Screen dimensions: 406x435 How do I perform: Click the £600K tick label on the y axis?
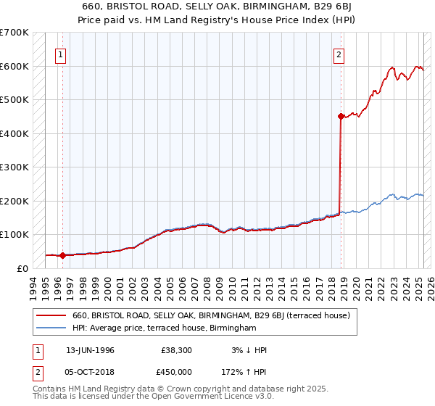14,66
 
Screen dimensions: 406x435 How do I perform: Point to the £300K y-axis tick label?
14,167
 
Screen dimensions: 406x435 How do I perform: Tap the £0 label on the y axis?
22,268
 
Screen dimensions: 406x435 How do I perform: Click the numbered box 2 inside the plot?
339,53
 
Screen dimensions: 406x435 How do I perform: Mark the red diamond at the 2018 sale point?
341,116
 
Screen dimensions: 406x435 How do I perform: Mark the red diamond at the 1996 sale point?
63,255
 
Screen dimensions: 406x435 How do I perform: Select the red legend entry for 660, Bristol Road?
211,315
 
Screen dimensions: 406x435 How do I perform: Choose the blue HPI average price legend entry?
165,328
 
